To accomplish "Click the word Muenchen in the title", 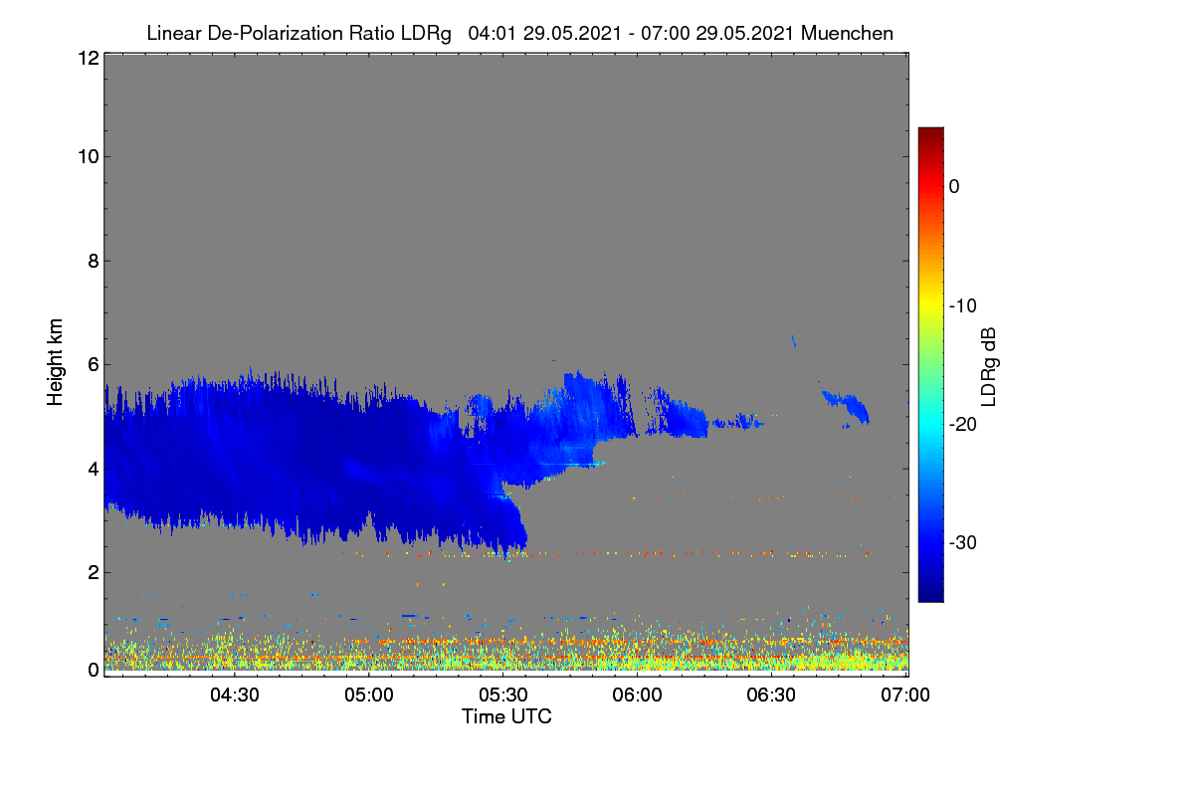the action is pyautogui.click(x=847, y=34).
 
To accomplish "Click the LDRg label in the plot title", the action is pyautogui.click(x=426, y=34).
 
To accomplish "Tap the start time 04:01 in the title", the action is pyautogui.click(x=492, y=34).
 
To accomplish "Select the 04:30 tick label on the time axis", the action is pyautogui.click(x=235, y=695).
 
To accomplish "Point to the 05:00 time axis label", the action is pyautogui.click(x=369, y=695).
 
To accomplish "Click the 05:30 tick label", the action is pyautogui.click(x=503, y=695).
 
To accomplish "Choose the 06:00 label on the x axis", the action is pyautogui.click(x=637, y=695).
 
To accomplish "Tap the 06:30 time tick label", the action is pyautogui.click(x=771, y=695).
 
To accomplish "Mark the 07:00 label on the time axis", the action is pyautogui.click(x=905, y=695).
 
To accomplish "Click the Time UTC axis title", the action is pyautogui.click(x=506, y=716).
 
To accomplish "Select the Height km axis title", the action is pyautogui.click(x=55, y=362).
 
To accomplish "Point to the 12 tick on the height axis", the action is pyautogui.click(x=89, y=58).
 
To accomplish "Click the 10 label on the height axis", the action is pyautogui.click(x=89, y=157).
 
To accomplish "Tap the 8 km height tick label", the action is pyautogui.click(x=94, y=261).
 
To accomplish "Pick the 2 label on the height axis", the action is pyautogui.click(x=94, y=572).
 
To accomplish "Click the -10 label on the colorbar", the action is pyautogui.click(x=963, y=306).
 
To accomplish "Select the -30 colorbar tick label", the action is pyautogui.click(x=963, y=542).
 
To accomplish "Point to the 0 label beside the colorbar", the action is pyautogui.click(x=954, y=187).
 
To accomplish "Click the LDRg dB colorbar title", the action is pyautogui.click(x=989, y=367).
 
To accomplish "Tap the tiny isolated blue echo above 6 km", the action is pyautogui.click(x=794, y=341).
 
